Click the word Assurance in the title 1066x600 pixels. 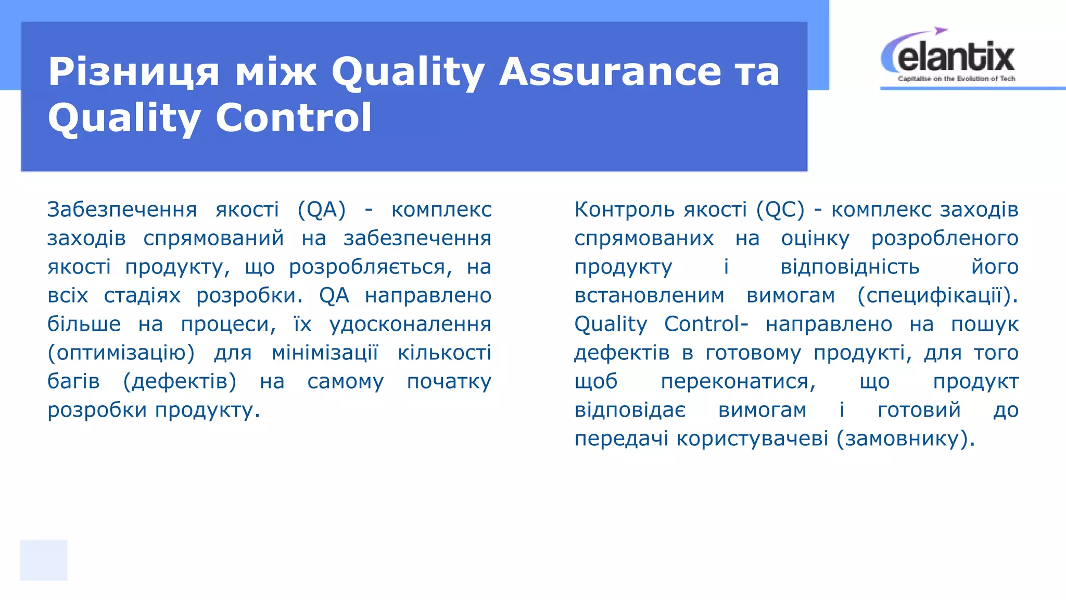tap(610, 72)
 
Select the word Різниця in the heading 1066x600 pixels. tap(133, 72)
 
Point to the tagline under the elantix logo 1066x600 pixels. tap(956, 79)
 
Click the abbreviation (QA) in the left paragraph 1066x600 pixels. tap(322, 209)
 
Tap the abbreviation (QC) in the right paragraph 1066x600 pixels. tap(780, 209)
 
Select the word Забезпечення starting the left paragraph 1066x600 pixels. tap(122, 209)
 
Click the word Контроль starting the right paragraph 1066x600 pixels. tap(624, 209)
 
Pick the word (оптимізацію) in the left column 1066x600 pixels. tap(121, 353)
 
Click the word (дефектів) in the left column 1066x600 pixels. tap(180, 382)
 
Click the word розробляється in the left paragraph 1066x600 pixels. tap(367, 267)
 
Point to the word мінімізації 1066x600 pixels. tap(325, 353)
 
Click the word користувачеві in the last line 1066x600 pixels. tap(752, 439)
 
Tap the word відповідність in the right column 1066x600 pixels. tap(849, 267)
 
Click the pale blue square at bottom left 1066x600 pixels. tap(44, 560)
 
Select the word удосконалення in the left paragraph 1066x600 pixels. tap(410, 324)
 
